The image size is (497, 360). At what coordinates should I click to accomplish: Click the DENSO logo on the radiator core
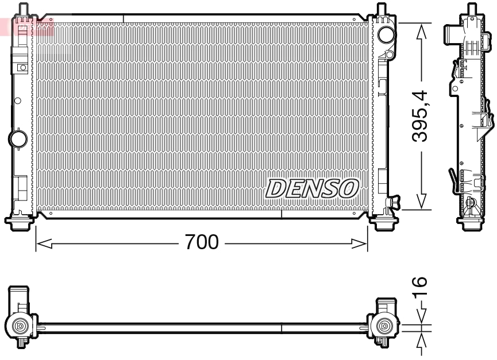click(x=313, y=188)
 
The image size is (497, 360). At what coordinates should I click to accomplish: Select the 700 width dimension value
click(x=201, y=243)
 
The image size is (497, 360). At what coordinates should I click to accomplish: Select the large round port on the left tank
click(x=18, y=138)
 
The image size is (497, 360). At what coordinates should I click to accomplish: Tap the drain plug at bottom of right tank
click(x=394, y=202)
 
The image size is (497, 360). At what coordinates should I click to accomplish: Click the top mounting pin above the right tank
click(x=382, y=10)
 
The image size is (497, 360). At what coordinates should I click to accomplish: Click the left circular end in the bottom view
click(x=21, y=326)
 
